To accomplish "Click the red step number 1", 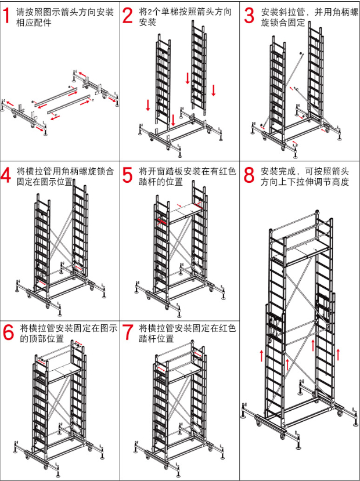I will click(6, 16).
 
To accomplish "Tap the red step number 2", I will click(128, 16).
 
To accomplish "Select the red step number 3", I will click(249, 16).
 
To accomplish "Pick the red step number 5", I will click(128, 176).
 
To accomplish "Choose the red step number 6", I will click(8, 332).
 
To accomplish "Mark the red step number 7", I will click(128, 332).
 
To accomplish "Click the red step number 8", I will click(249, 176).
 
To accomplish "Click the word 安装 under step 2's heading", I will click(148, 23).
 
